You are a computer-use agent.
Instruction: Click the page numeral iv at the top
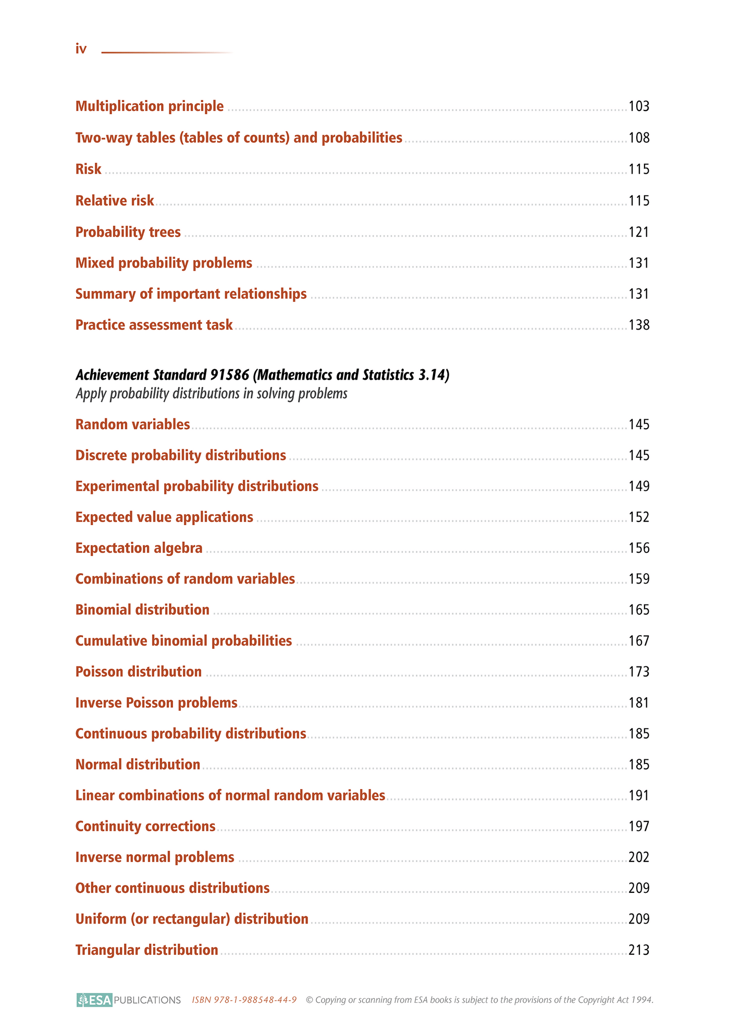pos(81,49)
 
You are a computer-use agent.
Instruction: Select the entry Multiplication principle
pos(150,106)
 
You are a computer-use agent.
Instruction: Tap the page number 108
pos(639,138)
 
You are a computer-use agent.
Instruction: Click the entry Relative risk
pos(115,201)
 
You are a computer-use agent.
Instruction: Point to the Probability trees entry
pos(128,232)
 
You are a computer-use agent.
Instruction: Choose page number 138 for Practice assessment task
pos(639,325)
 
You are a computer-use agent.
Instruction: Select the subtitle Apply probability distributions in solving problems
pos(211,394)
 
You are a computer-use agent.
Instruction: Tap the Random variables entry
pos(132,424)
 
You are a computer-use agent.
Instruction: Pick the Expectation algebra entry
pos(139,548)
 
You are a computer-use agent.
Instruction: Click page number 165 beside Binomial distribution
pos(639,610)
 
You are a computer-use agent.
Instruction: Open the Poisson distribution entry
pos(139,672)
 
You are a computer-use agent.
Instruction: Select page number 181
pos(639,703)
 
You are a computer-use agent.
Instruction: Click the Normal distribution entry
pos(138,765)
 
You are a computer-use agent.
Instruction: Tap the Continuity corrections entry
pos(145,827)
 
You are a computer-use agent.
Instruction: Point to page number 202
pos(639,857)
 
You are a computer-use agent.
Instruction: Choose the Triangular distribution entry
pos(146,950)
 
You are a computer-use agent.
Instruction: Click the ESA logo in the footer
pos(94,1000)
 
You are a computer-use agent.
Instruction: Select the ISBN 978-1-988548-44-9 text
pos(244,1000)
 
